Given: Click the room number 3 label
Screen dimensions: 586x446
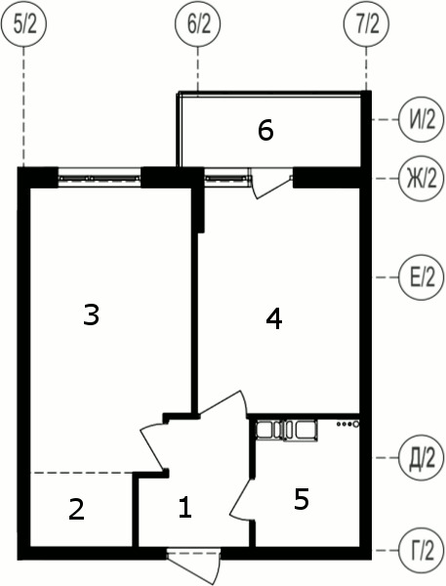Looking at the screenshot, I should click(x=91, y=315).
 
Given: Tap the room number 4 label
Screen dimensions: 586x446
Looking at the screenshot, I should click(x=274, y=318).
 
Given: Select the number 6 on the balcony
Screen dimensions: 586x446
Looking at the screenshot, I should click(x=264, y=130).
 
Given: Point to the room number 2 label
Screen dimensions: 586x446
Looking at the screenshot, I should click(x=76, y=509).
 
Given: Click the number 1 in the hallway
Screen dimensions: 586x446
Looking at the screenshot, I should click(x=185, y=507).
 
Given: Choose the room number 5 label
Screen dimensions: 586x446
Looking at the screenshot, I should click(x=301, y=500).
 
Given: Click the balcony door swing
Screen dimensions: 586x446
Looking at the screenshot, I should click(x=270, y=183).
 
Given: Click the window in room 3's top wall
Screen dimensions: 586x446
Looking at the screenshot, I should click(x=99, y=178).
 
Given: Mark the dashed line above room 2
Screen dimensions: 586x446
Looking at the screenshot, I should click(x=82, y=473).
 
